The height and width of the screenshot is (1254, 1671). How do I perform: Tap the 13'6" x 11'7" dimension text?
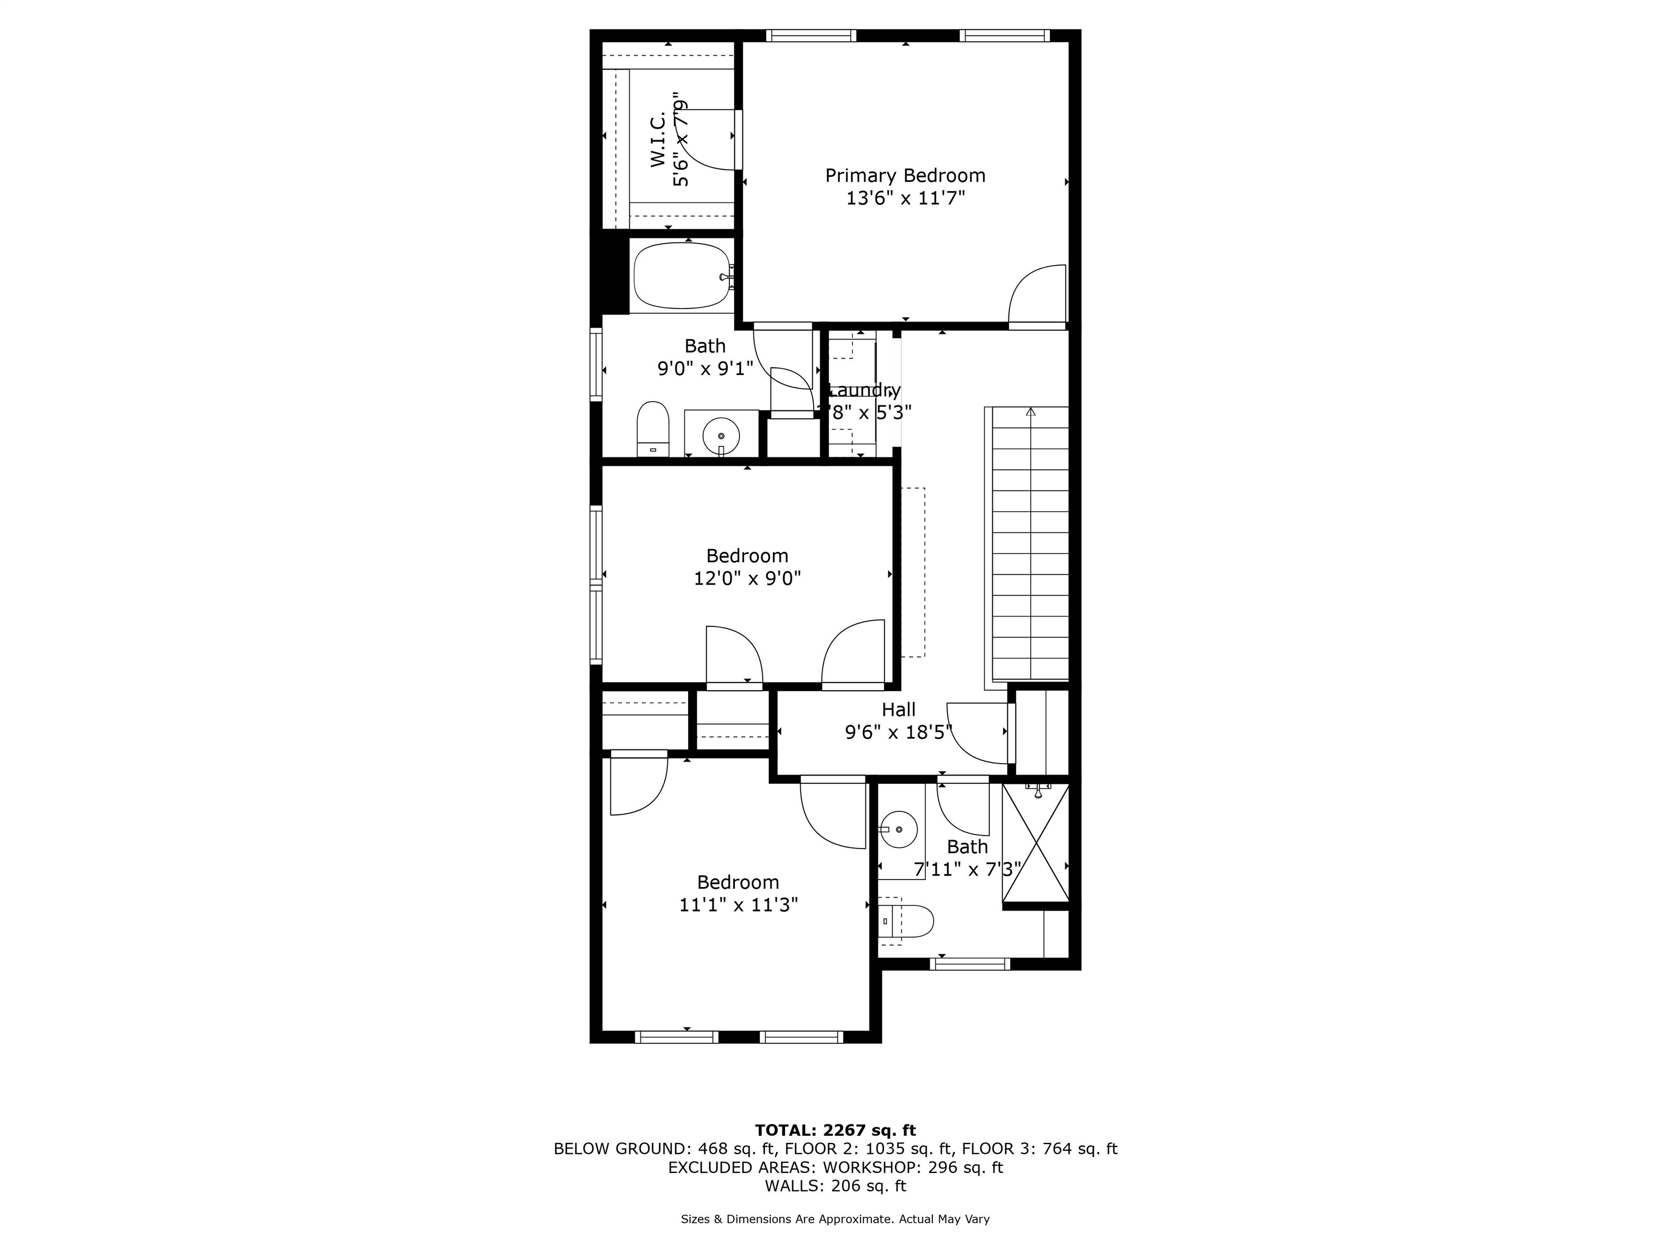(905, 199)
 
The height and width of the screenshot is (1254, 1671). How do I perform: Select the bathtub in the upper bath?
(682, 275)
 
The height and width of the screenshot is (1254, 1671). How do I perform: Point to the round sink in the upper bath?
(721, 436)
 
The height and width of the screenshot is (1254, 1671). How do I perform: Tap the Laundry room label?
(861, 391)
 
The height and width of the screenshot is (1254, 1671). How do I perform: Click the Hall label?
(898, 710)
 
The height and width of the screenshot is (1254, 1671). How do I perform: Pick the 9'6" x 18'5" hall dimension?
(898, 733)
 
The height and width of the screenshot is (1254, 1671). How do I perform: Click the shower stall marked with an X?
(1036, 843)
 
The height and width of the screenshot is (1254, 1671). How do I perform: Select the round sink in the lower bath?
(899, 830)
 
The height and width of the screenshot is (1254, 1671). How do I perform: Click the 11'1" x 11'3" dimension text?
(738, 905)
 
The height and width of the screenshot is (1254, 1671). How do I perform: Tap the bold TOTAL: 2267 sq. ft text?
(835, 1130)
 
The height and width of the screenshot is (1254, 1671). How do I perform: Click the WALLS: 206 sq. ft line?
(835, 1186)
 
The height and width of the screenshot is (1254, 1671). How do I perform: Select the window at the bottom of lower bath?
(969, 964)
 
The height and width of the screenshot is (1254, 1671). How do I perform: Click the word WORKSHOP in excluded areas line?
(868, 1167)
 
